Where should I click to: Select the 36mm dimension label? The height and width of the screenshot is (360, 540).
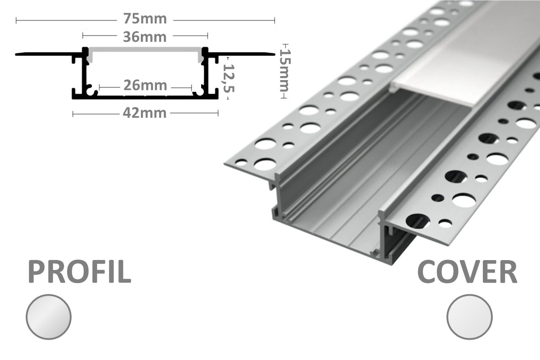tap(144, 36)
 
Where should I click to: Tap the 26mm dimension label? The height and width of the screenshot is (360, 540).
tap(145, 85)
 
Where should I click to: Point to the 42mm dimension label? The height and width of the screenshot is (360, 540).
tap(144, 113)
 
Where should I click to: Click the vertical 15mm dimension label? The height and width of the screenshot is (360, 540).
tap(284, 70)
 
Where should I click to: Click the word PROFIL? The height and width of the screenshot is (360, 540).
tap(80, 272)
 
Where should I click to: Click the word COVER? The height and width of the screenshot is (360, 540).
tap(467, 272)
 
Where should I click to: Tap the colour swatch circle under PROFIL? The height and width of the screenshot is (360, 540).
tap(49, 316)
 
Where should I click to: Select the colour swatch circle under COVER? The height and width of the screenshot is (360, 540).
tap(470, 316)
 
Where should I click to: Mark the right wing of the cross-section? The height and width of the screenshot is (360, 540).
tap(243, 54)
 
